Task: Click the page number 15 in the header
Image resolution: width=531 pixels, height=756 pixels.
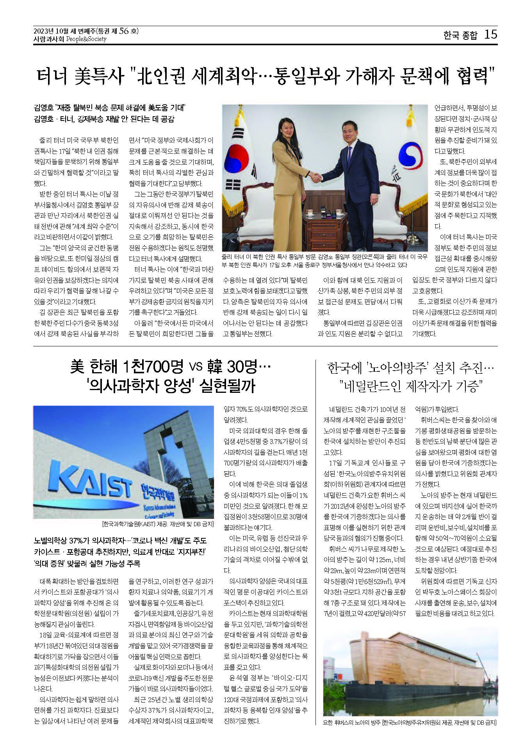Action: click(x=490, y=35)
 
